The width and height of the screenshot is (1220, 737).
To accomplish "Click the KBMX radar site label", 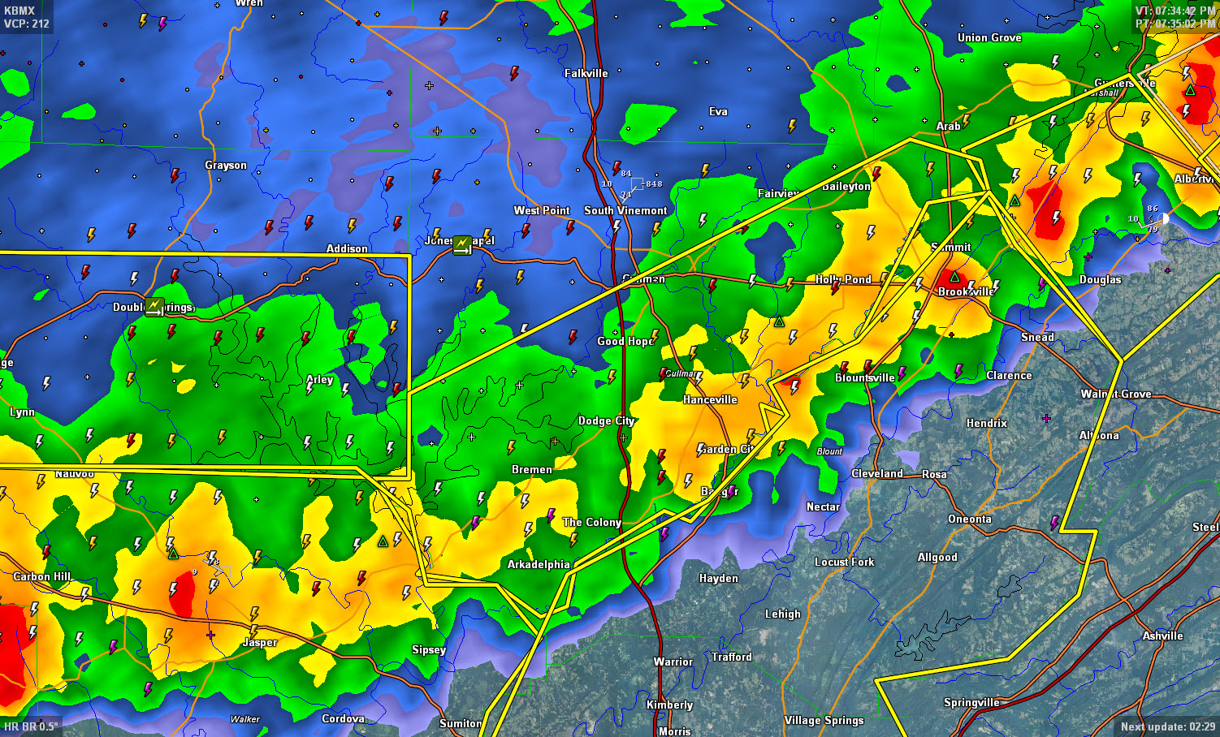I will (x=19, y=11).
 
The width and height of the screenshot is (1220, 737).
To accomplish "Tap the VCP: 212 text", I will (x=27, y=24).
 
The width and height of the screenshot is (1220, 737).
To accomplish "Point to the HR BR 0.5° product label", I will (x=31, y=726).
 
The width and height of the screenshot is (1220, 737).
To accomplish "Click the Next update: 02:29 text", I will (x=1167, y=726).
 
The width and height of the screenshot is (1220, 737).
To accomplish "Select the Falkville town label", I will (x=586, y=73).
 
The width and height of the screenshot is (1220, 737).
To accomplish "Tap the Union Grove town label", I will (x=989, y=37).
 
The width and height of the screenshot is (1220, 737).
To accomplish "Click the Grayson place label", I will (x=226, y=165).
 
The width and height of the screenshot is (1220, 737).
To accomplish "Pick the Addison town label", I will (x=347, y=248).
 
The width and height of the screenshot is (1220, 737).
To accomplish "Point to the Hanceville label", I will (x=710, y=399).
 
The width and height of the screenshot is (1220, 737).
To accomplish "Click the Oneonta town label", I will (x=969, y=519).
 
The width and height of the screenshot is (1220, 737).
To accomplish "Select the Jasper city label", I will (x=260, y=642).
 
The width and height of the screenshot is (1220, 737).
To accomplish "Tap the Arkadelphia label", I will (x=539, y=564).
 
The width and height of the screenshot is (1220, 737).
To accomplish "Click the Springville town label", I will (x=971, y=702).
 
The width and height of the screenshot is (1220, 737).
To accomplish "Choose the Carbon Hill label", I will (x=42, y=576).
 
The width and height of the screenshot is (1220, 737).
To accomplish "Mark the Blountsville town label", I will (x=864, y=377).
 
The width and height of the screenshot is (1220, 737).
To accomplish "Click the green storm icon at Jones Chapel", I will (x=462, y=244).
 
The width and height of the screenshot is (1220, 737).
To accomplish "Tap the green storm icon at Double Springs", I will (x=154, y=307).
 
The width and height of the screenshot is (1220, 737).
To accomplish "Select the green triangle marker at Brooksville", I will (x=954, y=277).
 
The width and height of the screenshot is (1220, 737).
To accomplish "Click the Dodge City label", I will (x=606, y=420).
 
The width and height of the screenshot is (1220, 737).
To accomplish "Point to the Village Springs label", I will (x=824, y=720).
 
